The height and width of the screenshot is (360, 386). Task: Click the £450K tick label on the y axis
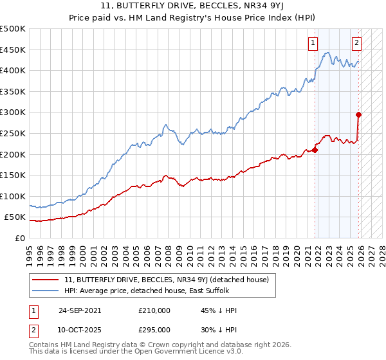pyautogui.click(x=13, y=50)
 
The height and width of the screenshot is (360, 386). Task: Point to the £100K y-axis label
pyautogui.click(x=13, y=196)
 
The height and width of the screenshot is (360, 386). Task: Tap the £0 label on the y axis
pyautogui.click(x=21, y=238)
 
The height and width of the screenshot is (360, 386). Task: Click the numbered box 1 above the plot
pyautogui.click(x=313, y=43)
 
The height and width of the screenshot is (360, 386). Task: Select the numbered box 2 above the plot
pyautogui.click(x=356, y=43)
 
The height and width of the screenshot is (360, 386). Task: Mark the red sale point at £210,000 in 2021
pyautogui.click(x=315, y=150)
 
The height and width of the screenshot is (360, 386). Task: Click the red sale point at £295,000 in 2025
pyautogui.click(x=359, y=115)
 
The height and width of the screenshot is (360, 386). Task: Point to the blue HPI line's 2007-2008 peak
pyautogui.click(x=165, y=125)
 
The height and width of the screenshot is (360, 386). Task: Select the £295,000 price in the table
pyautogui.click(x=154, y=329)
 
